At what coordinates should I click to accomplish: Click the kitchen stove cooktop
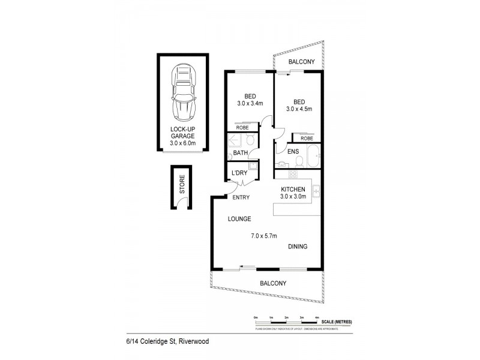pyautogui.click(x=293, y=175)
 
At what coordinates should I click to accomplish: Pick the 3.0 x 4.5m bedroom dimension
pyautogui.click(x=299, y=109)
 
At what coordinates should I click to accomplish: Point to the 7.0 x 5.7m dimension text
pyautogui.click(x=263, y=236)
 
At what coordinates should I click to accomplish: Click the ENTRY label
pyautogui.click(x=241, y=197)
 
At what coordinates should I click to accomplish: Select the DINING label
pyautogui.click(x=298, y=247)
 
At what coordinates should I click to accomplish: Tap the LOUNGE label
pyautogui.click(x=239, y=219)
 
